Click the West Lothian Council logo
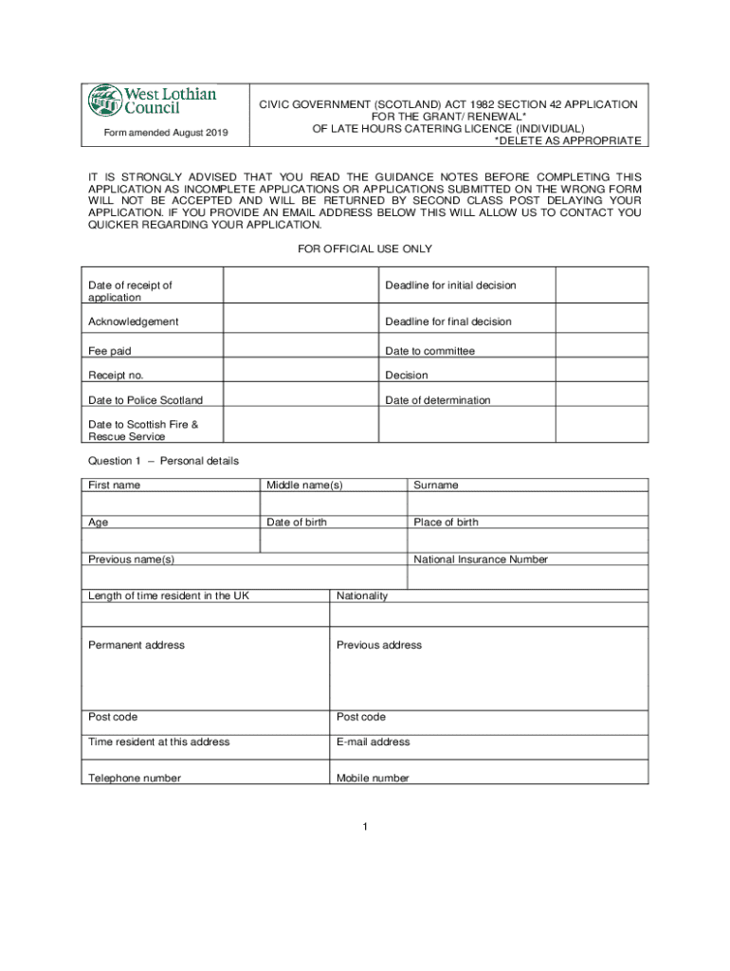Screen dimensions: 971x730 [153, 100]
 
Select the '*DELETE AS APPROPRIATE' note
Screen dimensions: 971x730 [568, 140]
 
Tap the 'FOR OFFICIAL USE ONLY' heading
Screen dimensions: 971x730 [365, 248]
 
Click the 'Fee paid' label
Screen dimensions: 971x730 [110, 351]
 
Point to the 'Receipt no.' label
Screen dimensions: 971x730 [116, 376]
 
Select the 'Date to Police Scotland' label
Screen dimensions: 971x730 [145, 400]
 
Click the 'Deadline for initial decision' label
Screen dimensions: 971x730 [450, 285]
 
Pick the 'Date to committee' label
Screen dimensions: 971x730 [429, 351]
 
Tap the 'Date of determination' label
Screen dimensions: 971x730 [438, 400]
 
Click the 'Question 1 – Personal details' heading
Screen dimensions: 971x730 [163, 461]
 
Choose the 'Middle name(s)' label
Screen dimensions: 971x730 [304, 485]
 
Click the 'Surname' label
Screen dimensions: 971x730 [435, 485]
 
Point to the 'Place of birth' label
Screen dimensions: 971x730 [446, 522]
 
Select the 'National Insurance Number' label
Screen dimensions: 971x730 [481, 559]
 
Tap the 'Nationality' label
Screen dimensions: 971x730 [362, 596]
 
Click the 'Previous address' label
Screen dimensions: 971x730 [379, 646]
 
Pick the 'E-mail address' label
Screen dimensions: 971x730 [374, 742]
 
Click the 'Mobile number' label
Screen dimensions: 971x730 [373, 779]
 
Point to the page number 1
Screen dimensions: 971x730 [365, 827]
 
